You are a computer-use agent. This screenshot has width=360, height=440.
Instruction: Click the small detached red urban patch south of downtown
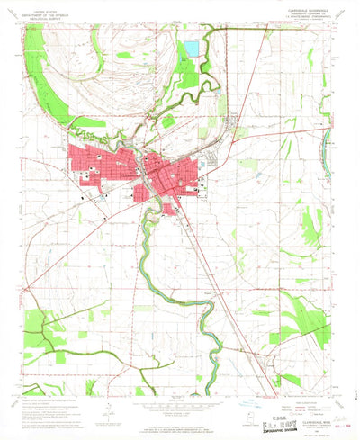coord(170,209)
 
